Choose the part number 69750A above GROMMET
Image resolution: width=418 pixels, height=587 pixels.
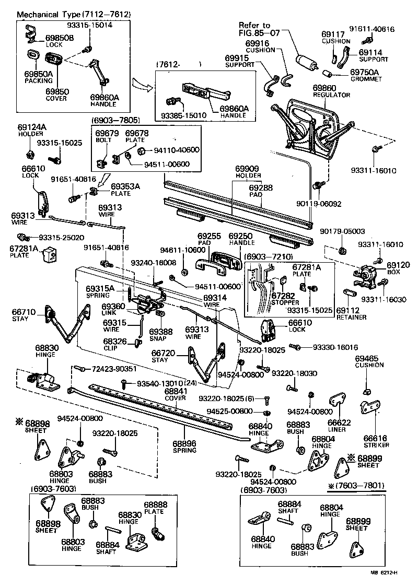pos(364,72)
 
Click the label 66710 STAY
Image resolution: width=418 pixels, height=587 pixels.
pos(24,315)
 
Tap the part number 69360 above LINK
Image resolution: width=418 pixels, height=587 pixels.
pos(113,307)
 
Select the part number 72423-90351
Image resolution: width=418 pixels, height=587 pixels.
pos(114,369)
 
